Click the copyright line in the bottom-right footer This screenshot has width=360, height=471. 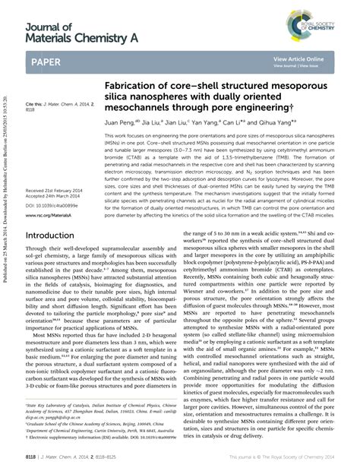297,458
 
